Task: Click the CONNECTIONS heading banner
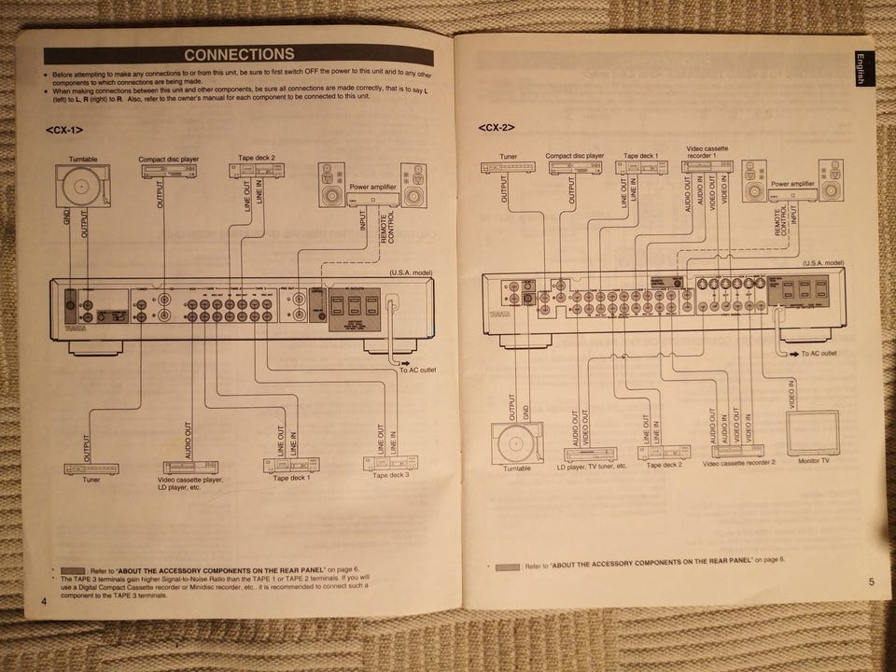pos(239,55)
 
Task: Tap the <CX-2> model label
pos(497,128)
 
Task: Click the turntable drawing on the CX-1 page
pos(82,184)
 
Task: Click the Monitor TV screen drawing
pos(812,432)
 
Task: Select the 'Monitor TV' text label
pos(815,460)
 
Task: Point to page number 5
pos(870,582)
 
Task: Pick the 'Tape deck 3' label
pos(391,475)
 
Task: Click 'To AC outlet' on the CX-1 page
pos(418,371)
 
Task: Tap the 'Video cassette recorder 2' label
pos(739,463)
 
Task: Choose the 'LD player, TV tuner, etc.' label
pos(592,465)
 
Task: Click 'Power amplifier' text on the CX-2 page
pos(793,185)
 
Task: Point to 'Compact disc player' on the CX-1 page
pos(165,159)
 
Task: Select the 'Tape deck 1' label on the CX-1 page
pos(292,478)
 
